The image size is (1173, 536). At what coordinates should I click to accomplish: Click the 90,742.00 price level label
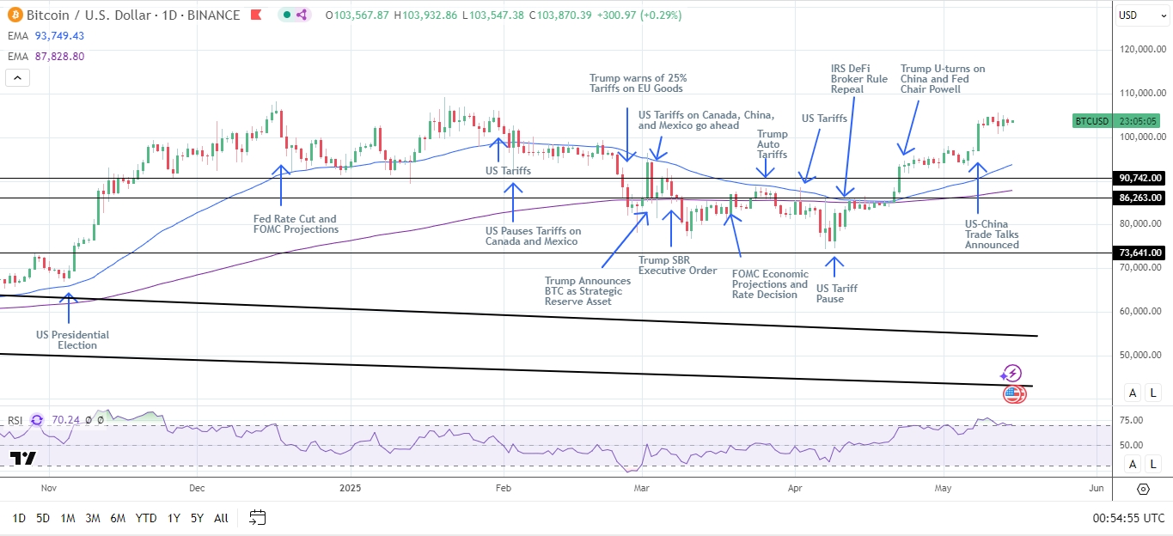point(1139,178)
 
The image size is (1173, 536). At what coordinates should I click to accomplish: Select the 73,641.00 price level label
point(1139,253)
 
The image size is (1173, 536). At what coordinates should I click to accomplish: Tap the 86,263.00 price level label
point(1139,198)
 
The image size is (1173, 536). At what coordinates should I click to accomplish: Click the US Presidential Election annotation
point(72,340)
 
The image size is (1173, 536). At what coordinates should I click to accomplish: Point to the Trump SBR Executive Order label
point(677,265)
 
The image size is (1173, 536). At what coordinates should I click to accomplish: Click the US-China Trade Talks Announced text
point(992,234)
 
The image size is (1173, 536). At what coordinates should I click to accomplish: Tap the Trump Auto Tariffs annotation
point(772,144)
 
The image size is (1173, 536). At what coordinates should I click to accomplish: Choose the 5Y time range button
point(197,518)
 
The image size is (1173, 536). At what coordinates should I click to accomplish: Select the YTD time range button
point(146,518)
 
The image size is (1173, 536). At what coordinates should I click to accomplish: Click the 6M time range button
point(118,518)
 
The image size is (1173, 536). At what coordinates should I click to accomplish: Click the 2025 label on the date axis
point(350,489)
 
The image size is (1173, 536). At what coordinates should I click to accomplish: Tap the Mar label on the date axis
point(641,489)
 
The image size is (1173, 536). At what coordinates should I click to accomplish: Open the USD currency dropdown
point(1139,15)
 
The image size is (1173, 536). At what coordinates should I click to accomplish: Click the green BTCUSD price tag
point(1092,121)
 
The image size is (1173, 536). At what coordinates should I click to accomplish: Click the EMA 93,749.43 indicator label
point(45,35)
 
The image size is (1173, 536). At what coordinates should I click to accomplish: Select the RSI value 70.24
point(65,420)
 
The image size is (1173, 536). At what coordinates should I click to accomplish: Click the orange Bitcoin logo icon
point(13,15)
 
